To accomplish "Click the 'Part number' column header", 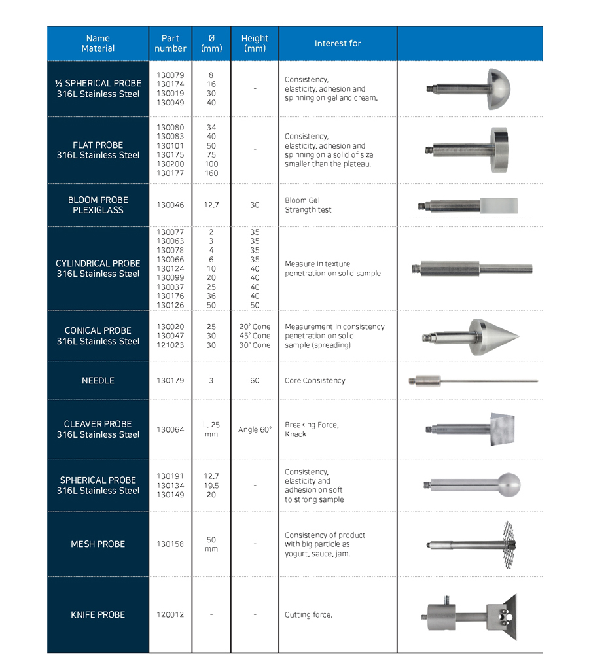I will (170, 43).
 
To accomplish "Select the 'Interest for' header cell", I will (338, 43).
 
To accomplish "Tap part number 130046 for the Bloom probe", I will (170, 205).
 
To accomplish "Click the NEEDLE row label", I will (98, 380).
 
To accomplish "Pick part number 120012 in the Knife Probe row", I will (170, 614).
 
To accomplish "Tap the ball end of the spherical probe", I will (508, 485).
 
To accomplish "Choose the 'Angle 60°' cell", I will (255, 429).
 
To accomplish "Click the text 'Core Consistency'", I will (315, 380).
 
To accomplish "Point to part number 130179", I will (170, 380).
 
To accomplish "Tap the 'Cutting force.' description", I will (308, 614).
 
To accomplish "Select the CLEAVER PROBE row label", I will (98, 429).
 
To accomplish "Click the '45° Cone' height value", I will (255, 336).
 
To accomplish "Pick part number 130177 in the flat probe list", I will (170, 173).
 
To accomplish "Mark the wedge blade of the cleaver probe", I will (502, 429).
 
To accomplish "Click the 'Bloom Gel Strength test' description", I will (308, 205).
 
